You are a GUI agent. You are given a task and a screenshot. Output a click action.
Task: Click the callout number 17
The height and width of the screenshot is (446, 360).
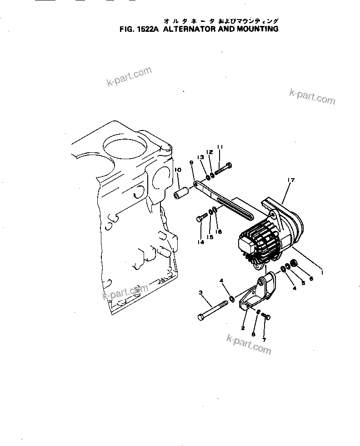point(291,180)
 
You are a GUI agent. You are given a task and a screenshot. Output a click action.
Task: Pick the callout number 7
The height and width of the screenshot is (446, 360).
point(264,339)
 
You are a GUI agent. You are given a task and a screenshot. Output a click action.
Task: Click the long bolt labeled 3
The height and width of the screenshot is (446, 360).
point(214,311)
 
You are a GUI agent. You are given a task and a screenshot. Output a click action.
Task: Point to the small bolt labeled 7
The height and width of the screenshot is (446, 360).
point(266,316)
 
